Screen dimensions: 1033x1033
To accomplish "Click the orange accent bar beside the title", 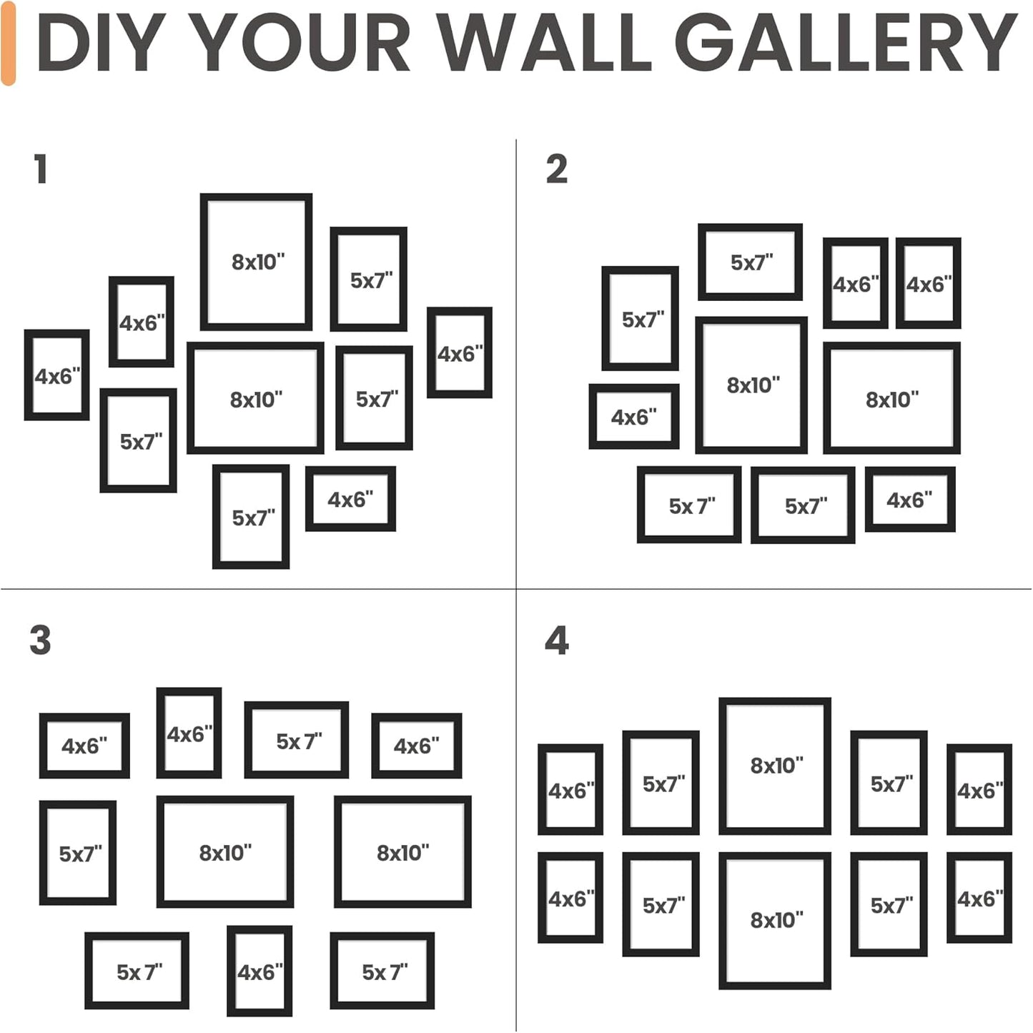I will tap(9, 43).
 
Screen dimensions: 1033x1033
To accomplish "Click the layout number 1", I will tap(41, 169).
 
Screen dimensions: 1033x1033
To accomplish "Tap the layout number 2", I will tap(556, 169).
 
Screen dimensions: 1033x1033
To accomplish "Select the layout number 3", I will tap(41, 640).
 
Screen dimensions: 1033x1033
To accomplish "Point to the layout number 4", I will tap(556, 640).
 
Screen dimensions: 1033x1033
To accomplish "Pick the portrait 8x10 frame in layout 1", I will tap(256, 262).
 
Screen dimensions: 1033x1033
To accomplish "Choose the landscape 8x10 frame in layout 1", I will tap(255, 398).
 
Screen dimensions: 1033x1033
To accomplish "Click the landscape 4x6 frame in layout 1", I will tap(350, 499).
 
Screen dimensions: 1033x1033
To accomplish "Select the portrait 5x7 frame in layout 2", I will tap(640, 318).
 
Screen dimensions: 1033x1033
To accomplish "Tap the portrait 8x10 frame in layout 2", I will tap(751, 385).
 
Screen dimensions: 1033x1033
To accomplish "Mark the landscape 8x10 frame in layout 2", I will tap(891, 398).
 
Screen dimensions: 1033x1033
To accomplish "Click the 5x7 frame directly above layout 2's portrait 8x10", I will tap(750, 262).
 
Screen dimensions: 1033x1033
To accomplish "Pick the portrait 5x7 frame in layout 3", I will tap(78, 853).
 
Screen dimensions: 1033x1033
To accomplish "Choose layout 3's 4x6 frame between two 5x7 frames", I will tap(260, 971).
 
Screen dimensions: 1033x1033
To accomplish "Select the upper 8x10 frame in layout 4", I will tap(775, 766).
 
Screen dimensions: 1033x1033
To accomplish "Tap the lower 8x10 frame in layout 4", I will tap(775, 920).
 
